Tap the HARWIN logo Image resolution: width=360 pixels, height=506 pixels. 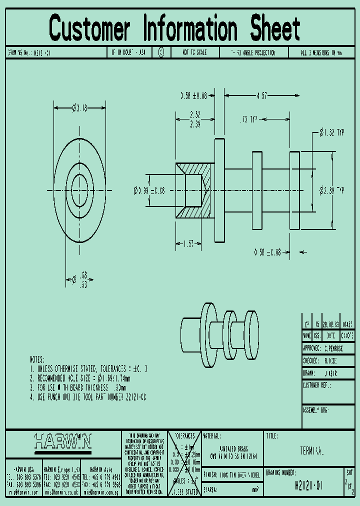[x=63, y=441]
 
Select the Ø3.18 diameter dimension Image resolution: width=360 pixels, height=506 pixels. [x=80, y=107]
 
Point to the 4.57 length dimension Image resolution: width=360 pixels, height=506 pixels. [x=261, y=95]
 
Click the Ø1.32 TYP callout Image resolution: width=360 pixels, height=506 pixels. [x=332, y=132]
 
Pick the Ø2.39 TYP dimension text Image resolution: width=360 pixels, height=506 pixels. [x=331, y=190]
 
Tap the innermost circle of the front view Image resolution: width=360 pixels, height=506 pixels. [x=80, y=190]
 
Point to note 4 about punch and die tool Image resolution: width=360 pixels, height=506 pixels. [x=87, y=397]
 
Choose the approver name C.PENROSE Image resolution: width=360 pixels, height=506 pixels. [x=339, y=348]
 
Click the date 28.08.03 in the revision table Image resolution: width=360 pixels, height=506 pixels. [x=330, y=323]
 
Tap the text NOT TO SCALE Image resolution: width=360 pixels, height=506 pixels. [x=194, y=52]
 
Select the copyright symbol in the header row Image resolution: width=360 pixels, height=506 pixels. [x=161, y=52]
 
